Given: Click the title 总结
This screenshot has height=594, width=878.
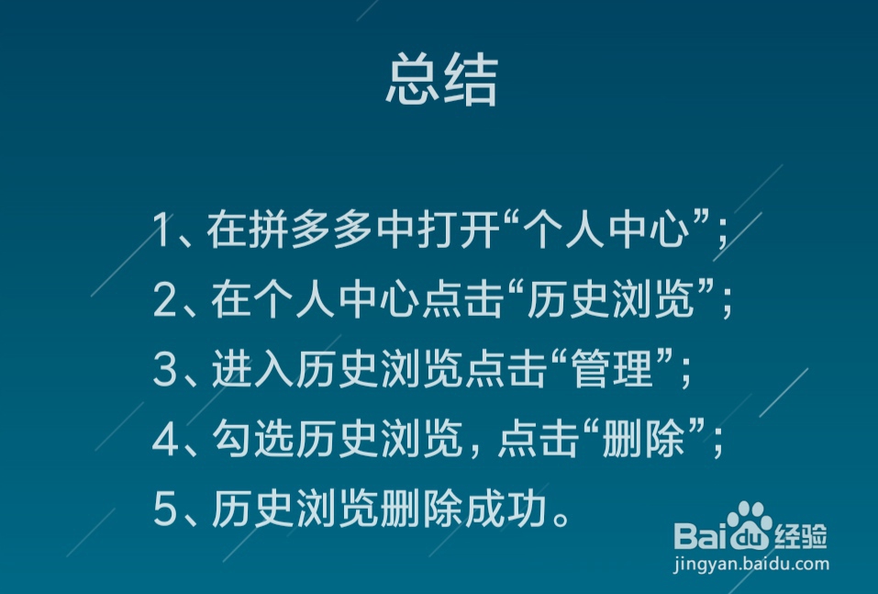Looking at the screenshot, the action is click(442, 79).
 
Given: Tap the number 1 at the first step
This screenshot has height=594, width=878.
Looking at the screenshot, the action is click(161, 230).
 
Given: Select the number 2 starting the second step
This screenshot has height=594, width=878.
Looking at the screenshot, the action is click(164, 299).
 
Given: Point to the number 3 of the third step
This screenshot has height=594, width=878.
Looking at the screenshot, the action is click(165, 369).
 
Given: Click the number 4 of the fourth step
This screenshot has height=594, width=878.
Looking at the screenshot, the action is click(166, 440).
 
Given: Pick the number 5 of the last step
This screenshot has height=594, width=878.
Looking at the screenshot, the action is click(165, 509).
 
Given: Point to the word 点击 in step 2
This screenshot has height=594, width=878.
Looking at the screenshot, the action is click(461, 299).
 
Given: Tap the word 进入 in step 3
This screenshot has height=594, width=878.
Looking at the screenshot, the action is click(253, 369).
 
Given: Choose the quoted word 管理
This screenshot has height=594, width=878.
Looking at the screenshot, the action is click(611, 369).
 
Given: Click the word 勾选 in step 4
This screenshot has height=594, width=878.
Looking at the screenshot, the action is click(253, 440).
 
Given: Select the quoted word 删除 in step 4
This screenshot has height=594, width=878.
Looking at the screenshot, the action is click(643, 440).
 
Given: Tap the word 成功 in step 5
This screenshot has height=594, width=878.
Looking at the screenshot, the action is click(506, 509).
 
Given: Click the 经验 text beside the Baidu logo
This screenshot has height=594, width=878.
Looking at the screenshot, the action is click(801, 536).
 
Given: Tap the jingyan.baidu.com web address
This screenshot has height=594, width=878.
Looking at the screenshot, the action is click(750, 564).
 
